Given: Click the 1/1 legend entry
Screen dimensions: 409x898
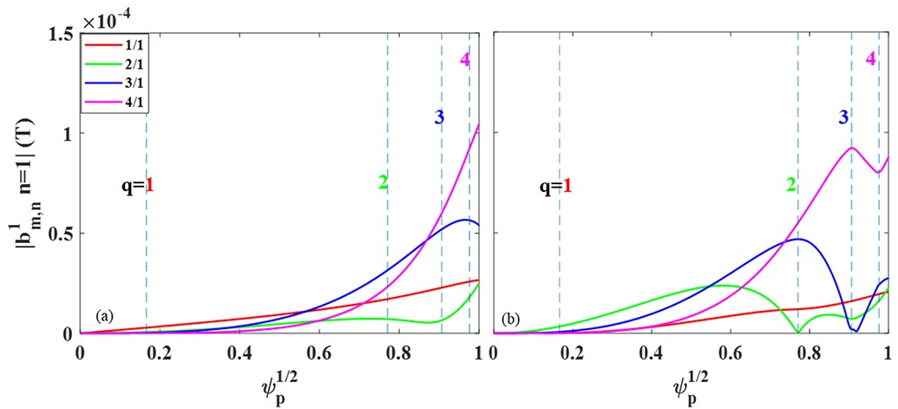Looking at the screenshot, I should pos(121,42).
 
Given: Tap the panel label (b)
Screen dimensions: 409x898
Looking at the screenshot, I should pos(509,317).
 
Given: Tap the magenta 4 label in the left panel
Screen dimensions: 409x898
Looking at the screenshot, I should pos(466,60).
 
